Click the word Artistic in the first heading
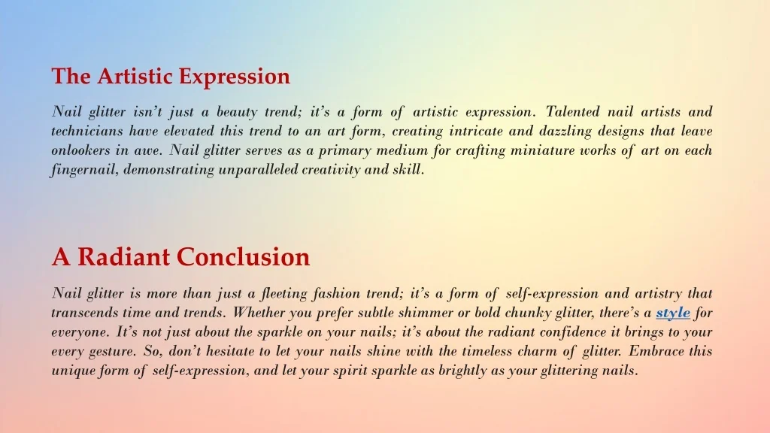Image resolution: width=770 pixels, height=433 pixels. click(135, 76)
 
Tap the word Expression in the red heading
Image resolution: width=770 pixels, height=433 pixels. click(235, 77)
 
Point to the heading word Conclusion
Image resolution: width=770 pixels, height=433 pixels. click(243, 257)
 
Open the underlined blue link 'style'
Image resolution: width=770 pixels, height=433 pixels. click(673, 313)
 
